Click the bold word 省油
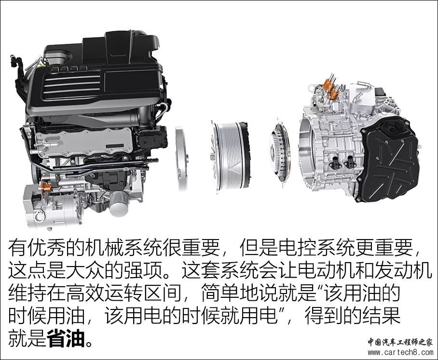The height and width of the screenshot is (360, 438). click(x=66, y=338)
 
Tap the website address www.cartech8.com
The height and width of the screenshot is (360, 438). click(x=400, y=352)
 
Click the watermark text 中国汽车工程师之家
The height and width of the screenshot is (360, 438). click(x=400, y=342)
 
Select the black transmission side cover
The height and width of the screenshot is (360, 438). click(x=389, y=160)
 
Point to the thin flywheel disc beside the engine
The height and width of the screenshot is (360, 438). click(x=181, y=158)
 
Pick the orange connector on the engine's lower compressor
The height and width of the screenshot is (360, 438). click(x=45, y=187)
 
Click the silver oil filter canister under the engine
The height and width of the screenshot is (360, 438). click(x=119, y=203)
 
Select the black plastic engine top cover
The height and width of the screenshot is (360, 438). click(x=95, y=73)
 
